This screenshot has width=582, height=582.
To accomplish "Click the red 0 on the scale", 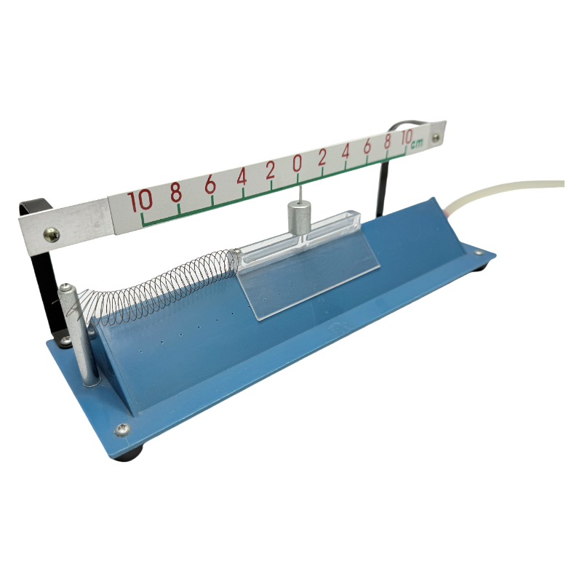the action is (x=297, y=163).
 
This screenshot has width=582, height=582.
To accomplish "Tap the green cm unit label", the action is (x=417, y=143).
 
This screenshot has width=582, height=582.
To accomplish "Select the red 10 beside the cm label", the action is (x=406, y=137).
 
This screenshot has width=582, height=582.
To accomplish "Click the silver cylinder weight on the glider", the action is (x=299, y=218).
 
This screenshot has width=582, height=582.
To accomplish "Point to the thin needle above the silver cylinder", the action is (x=300, y=194).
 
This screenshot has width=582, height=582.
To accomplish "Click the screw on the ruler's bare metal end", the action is (x=51, y=234).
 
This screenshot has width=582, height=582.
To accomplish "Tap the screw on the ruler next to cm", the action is (x=436, y=138).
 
